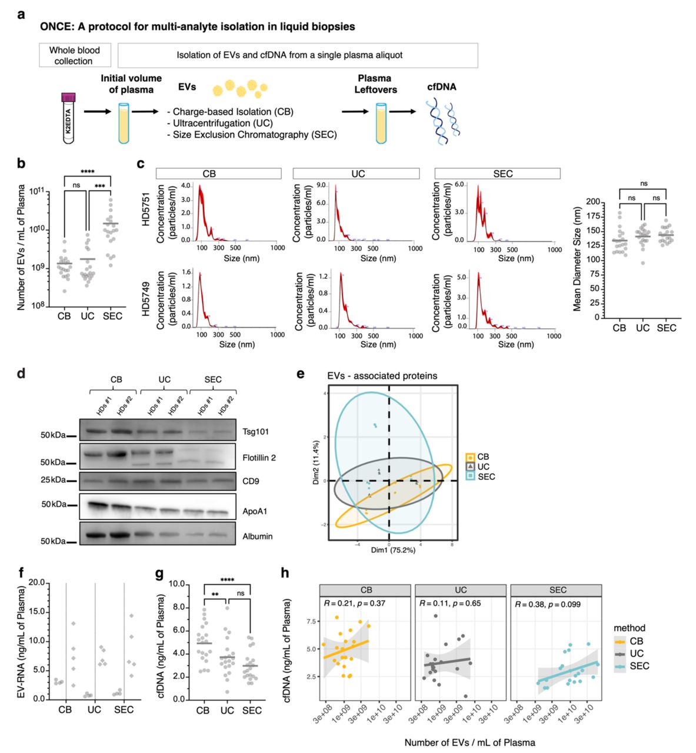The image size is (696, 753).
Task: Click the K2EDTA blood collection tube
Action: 69,117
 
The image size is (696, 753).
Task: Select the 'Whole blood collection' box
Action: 74,55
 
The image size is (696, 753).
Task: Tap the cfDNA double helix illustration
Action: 444,121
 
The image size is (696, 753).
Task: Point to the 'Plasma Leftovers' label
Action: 374,84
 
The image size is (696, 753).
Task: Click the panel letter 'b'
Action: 21,164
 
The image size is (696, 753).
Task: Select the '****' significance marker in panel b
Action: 87,171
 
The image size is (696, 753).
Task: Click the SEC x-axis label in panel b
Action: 112,316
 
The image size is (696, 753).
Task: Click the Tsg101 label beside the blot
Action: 255,432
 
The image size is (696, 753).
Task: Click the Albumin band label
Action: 258,536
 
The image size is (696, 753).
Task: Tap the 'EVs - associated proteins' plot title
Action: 382,375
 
